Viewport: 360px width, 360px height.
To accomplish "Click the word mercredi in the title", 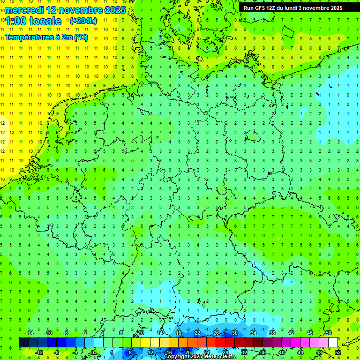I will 25,10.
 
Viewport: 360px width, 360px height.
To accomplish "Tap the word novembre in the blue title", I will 80,10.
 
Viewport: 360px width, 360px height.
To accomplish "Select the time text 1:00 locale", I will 33,21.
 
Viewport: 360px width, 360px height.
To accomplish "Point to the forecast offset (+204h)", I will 83,21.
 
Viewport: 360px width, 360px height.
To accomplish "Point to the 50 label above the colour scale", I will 328,333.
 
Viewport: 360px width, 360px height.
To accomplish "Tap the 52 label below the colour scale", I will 338,352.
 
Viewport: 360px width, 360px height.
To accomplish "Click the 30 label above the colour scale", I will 234,333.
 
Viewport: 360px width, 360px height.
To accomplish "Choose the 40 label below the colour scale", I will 281,352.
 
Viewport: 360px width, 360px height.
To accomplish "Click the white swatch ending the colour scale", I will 333,343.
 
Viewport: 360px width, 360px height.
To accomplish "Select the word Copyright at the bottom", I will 177,357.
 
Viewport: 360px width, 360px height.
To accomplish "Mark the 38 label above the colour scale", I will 272,333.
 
